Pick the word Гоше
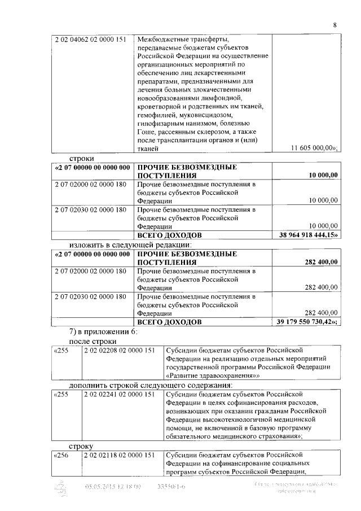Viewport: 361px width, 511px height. click(146, 132)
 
